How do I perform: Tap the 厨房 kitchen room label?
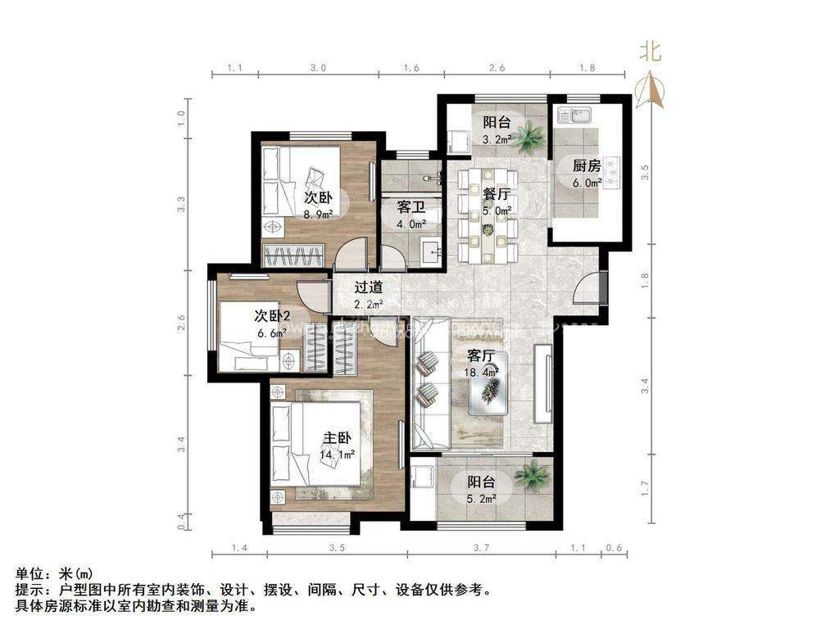pos(587,165)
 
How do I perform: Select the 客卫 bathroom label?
pos(410,208)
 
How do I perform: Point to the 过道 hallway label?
pos(369,287)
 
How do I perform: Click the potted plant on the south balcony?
pos(532,474)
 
